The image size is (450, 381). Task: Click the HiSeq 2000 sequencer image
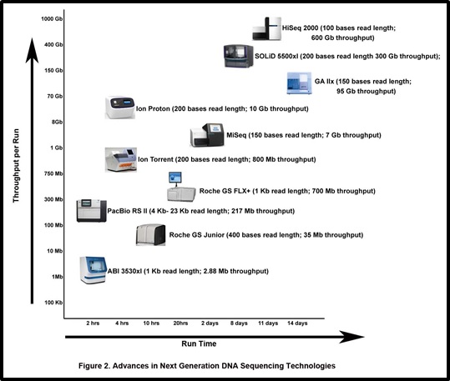(266, 28)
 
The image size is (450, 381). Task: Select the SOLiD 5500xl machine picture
(239, 56)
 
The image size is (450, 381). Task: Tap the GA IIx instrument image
(299, 83)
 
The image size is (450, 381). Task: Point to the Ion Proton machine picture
(120, 108)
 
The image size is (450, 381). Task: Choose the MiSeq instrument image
(207, 135)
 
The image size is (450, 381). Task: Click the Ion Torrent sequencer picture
(121, 160)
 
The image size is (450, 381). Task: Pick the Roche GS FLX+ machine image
(181, 187)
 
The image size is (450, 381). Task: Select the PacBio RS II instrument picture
(92, 211)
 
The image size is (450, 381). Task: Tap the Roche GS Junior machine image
(150, 235)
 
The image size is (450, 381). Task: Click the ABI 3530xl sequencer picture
(94, 270)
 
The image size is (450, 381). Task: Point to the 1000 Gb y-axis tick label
(52, 19)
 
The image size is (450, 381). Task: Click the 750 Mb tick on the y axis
(53, 173)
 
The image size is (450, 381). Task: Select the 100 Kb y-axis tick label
(53, 303)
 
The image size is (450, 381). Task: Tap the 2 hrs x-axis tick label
(93, 323)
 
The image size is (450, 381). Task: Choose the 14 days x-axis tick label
(297, 323)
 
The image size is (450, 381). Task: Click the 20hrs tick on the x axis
(180, 323)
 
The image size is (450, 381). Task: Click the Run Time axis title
(199, 343)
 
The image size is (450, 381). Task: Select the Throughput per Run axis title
(16, 166)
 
